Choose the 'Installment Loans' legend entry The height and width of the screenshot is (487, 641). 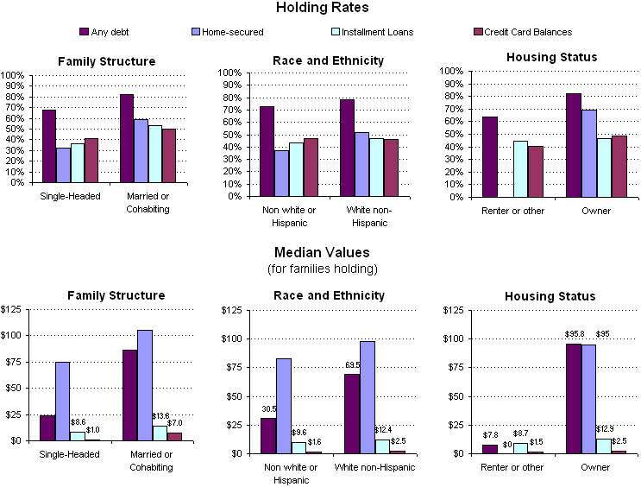click(x=378, y=32)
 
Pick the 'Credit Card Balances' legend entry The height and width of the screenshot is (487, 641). click(x=527, y=32)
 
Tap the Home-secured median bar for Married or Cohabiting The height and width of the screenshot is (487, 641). click(x=144, y=385)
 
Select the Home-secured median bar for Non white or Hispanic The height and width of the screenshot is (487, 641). click(x=282, y=405)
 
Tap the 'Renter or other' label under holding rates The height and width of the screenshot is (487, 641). click(x=512, y=212)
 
